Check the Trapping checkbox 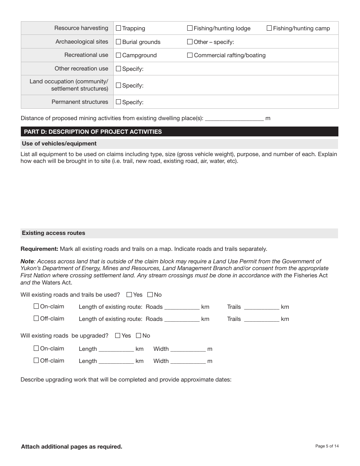pyautogui.click(x=118, y=28)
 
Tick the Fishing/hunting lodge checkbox pyautogui.click(x=190, y=28)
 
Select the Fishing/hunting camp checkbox pyautogui.click(x=269, y=28)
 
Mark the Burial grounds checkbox pyautogui.click(x=118, y=42)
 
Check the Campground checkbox pyautogui.click(x=118, y=55)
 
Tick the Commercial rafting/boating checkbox pyautogui.click(x=190, y=55)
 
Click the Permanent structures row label pyautogui.click(x=80, y=102)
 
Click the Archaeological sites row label pyautogui.click(x=81, y=42)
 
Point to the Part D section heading pyautogui.click(x=93, y=132)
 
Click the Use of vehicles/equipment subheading pyautogui.click(x=59, y=144)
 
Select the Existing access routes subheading pyautogui.click(x=53, y=233)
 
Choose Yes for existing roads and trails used pyautogui.click(x=129, y=294)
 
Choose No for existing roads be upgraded pyautogui.click(x=138, y=335)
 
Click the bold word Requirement pyautogui.click(x=39, y=249)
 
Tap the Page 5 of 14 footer pyautogui.click(x=327, y=446)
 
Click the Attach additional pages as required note pyautogui.click(x=72, y=447)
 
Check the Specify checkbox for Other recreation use pyautogui.click(x=118, y=69)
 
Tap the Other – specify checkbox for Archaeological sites pyautogui.click(x=190, y=42)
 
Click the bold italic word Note pyautogui.click(x=27, y=261)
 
